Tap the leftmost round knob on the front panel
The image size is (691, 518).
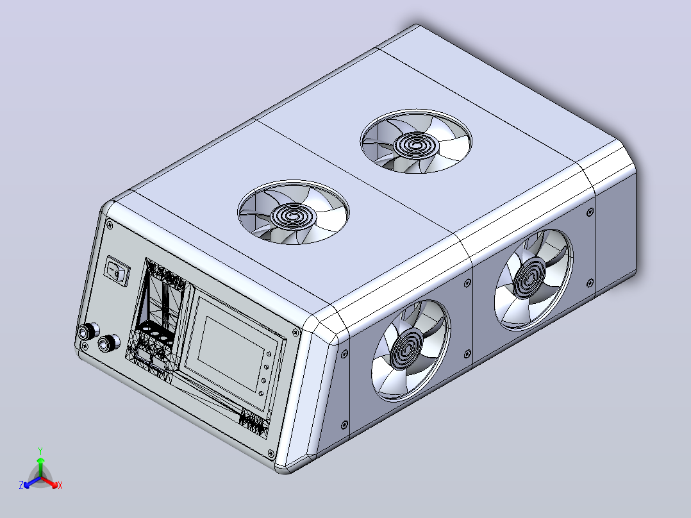(x=85, y=332)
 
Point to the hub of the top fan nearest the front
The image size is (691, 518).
(x=294, y=215)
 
